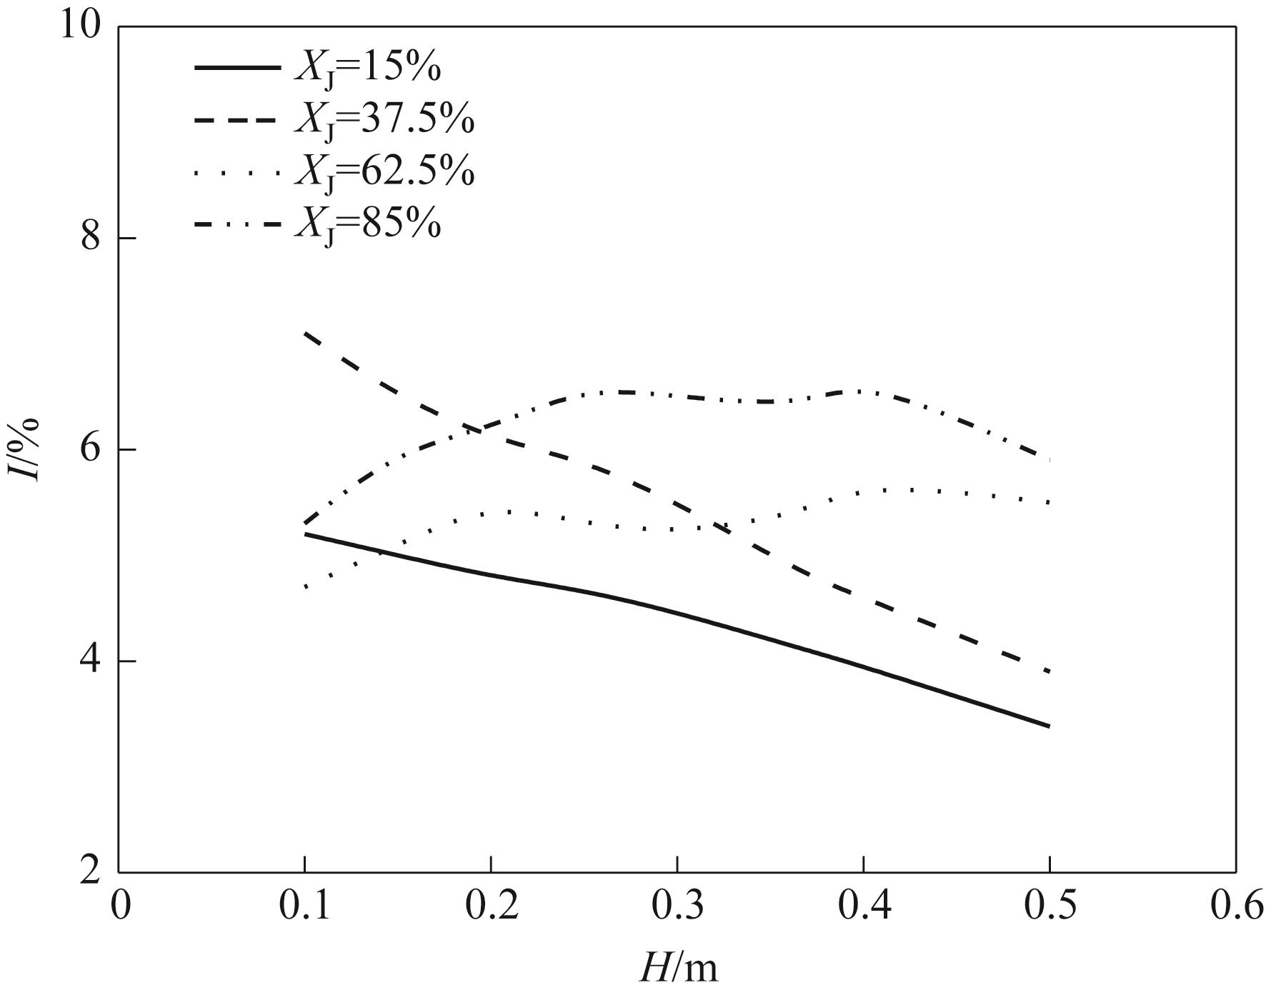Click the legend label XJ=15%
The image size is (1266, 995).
[367, 69]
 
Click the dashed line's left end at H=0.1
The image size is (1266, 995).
[306, 334]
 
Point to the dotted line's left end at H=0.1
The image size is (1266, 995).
[306, 587]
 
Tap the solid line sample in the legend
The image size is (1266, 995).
[237, 68]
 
